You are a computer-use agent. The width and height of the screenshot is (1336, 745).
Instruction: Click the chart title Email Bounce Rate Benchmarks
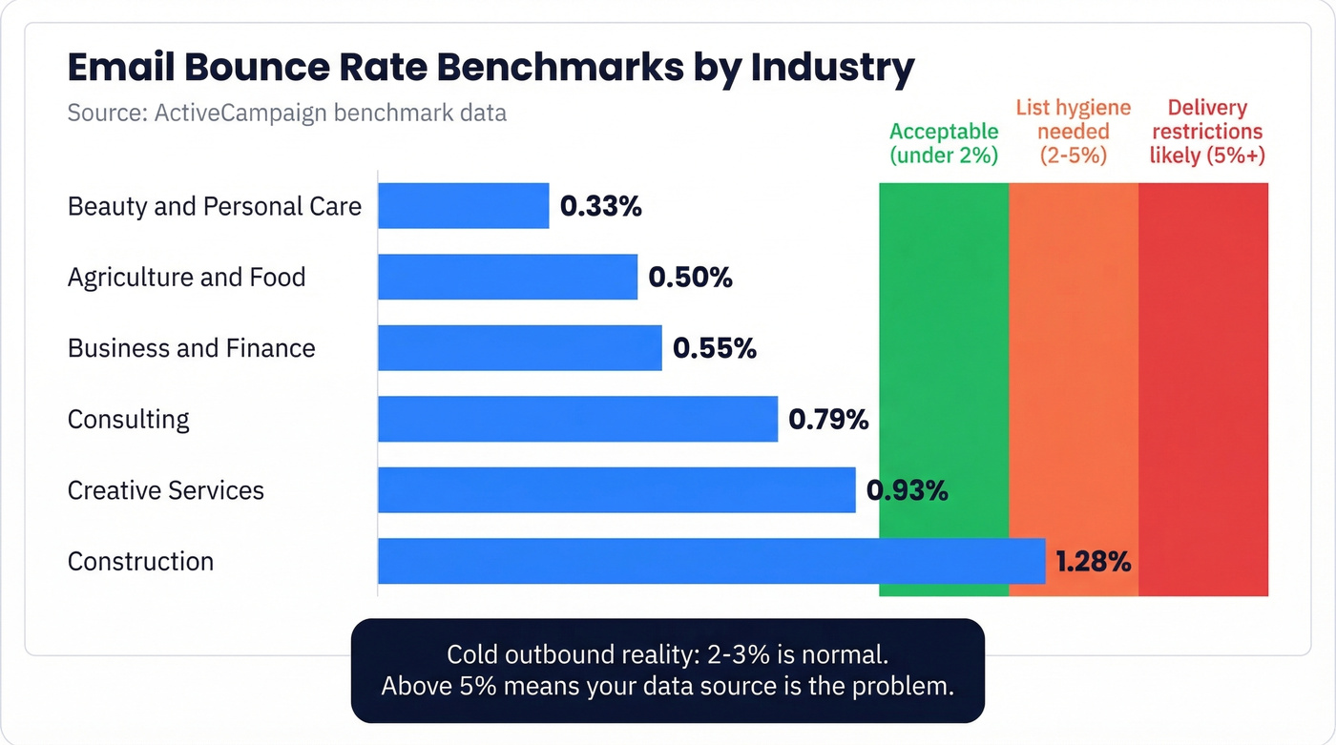(491, 69)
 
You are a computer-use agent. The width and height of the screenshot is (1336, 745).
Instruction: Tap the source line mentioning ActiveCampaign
(286, 113)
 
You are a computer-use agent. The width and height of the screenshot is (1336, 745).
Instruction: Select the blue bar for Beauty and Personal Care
(463, 206)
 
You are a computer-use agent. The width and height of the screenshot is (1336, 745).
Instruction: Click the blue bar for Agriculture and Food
(507, 277)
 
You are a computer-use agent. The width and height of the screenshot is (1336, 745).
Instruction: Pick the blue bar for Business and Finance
(519, 347)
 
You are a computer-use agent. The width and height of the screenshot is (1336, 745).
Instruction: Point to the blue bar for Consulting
(577, 419)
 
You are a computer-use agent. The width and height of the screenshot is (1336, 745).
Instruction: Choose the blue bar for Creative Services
(616, 489)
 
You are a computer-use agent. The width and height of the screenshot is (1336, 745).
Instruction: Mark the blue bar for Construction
(711, 561)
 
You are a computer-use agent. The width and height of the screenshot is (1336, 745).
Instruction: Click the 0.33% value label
(601, 206)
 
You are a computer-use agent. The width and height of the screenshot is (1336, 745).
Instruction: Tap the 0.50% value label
(690, 277)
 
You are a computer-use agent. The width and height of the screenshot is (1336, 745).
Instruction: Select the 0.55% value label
(715, 348)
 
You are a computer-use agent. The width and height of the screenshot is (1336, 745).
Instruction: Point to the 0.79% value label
(828, 419)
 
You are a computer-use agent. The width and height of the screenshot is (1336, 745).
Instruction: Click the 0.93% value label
(907, 490)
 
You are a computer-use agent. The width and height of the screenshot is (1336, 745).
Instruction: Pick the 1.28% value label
(1093, 561)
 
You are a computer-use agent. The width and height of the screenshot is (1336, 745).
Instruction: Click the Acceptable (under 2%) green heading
(944, 143)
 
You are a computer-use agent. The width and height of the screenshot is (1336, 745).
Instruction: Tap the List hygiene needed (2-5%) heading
(1073, 132)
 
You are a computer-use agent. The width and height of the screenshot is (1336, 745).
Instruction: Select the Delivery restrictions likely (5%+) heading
(1207, 132)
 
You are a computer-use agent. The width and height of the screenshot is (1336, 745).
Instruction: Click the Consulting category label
(129, 419)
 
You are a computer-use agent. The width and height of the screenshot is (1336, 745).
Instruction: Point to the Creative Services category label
(166, 490)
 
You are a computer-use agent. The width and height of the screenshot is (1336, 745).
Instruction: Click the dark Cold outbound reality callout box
(667, 671)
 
